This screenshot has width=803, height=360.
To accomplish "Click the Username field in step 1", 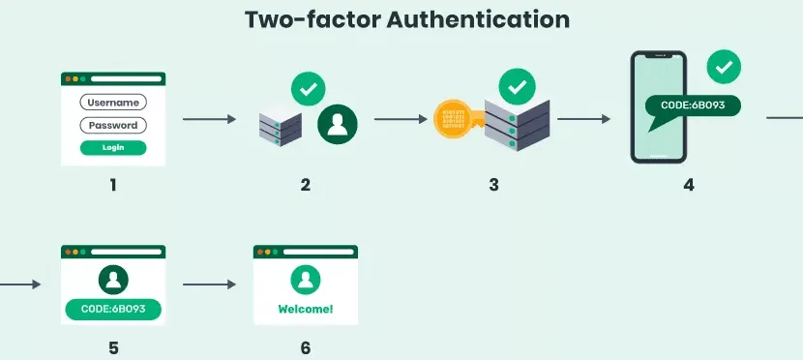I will [x=112, y=103].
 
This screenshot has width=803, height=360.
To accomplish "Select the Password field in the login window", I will [x=112, y=125].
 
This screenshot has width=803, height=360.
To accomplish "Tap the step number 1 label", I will [x=112, y=183].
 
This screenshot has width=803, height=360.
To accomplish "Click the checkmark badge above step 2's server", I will [x=308, y=90].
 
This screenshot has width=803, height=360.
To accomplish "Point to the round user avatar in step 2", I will [x=338, y=123].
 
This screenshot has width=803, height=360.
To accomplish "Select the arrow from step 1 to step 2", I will [x=209, y=120].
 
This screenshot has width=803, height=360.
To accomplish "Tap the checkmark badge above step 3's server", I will [x=516, y=87].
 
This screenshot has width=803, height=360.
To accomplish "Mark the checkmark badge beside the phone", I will [x=725, y=68].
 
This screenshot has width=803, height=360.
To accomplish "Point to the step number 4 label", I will [x=689, y=184].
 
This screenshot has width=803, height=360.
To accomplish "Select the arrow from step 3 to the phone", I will [x=584, y=120].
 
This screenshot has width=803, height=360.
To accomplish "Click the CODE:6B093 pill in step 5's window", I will [x=113, y=311].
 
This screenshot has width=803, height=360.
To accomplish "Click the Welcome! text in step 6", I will [x=306, y=310].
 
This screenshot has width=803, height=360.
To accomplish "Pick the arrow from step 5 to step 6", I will [x=209, y=285].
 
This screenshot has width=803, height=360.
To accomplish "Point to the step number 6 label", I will [x=305, y=346].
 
